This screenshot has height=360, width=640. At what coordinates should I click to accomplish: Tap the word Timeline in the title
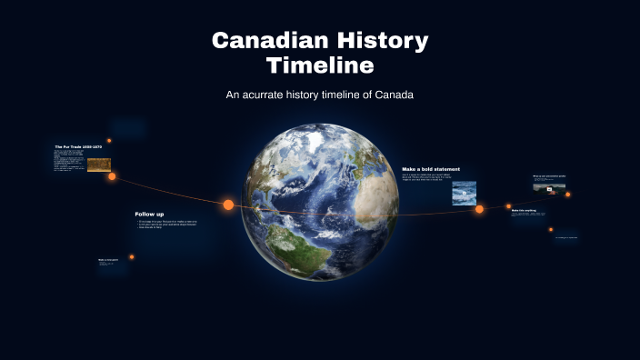click(320, 65)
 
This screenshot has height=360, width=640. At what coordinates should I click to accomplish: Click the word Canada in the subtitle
click(393, 95)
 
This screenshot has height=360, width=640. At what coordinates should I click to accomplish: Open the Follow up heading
click(149, 214)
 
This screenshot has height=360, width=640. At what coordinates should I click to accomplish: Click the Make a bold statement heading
click(431, 169)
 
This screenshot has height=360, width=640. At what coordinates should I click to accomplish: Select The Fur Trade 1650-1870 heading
click(77, 146)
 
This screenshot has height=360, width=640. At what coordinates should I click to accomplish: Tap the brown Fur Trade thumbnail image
click(99, 165)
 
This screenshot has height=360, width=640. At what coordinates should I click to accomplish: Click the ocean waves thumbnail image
click(465, 193)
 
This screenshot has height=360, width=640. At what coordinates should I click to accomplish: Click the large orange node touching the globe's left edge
click(228, 205)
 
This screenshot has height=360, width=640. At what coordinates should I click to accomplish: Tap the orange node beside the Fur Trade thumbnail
click(112, 176)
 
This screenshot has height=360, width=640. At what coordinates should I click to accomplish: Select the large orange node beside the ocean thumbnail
click(479, 209)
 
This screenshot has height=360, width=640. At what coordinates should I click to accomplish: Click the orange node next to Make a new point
click(132, 257)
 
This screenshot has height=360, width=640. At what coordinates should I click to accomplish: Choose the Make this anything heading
click(524, 210)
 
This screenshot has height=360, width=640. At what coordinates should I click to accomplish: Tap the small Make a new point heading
click(108, 259)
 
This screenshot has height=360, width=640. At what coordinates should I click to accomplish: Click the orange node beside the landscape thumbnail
click(568, 194)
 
